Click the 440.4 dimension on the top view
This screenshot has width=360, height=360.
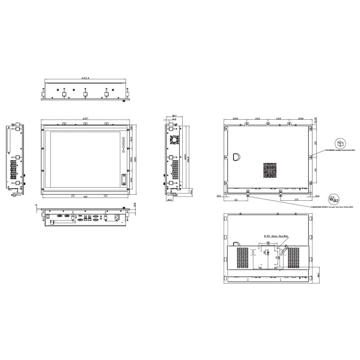pos(85,78)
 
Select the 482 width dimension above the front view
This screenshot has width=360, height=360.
pos(85,118)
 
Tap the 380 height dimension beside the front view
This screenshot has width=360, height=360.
pos(135,161)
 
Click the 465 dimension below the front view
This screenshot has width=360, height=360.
pos(85,197)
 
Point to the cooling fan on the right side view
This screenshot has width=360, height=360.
pos(174,139)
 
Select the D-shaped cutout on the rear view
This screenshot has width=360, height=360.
pos(237,157)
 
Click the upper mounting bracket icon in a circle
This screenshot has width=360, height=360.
pos(342,144)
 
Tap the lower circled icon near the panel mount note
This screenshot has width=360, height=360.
pos(334,198)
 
